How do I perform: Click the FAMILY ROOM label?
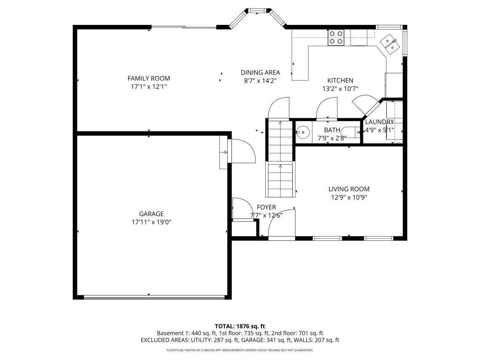click(149, 78)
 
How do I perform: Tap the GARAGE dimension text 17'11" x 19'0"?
click(152, 222)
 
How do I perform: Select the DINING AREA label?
click(260, 72)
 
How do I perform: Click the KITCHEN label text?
click(340, 80)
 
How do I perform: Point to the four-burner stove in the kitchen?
click(336, 37)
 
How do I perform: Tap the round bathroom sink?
click(303, 133)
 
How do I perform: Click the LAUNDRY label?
click(379, 122)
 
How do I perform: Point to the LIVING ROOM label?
click(349, 189)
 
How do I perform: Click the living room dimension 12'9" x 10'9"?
click(349, 197)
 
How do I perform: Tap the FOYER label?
click(267, 207)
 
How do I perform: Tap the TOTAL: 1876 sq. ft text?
click(240, 326)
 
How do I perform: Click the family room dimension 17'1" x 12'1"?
click(149, 87)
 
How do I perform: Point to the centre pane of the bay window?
click(257, 11)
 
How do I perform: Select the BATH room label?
click(332, 130)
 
